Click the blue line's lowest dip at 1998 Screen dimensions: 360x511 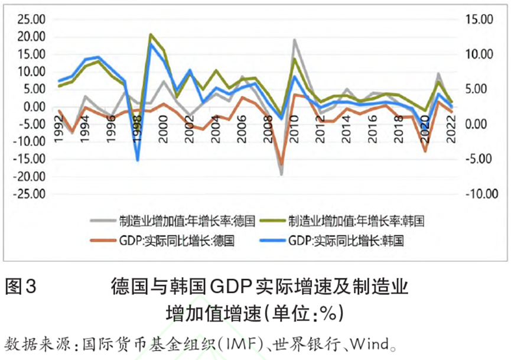tap(138, 160)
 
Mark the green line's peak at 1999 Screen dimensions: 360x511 tap(151, 35)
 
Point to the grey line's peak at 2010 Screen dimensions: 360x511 tap(295, 40)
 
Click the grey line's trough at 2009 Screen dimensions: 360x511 tap(282, 174)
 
